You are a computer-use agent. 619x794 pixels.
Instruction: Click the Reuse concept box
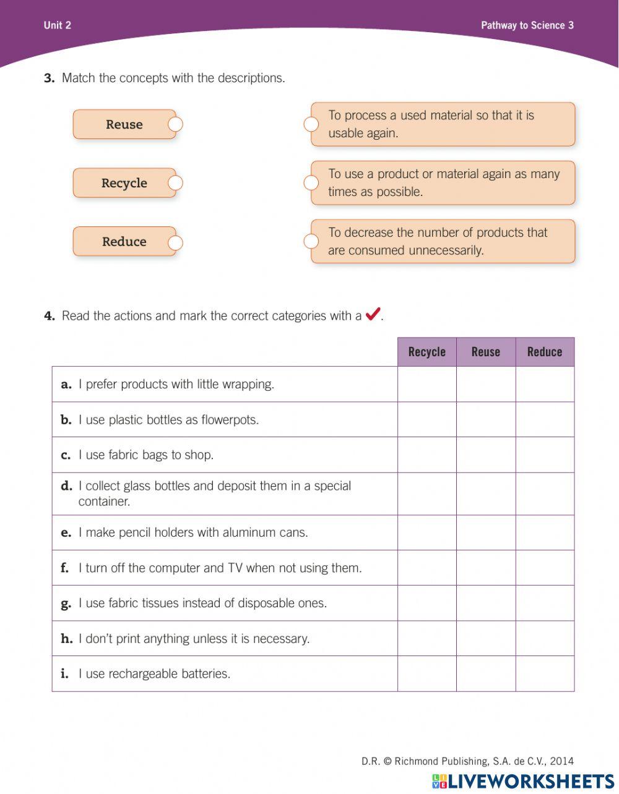pyautogui.click(x=124, y=124)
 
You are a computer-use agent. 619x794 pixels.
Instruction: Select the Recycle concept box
pyautogui.click(x=124, y=183)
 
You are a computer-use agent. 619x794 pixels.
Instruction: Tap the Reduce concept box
pyautogui.click(x=124, y=242)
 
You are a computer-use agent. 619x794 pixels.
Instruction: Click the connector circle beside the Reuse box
pyautogui.click(x=176, y=124)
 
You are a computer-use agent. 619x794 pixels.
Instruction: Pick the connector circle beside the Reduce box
pyautogui.click(x=176, y=242)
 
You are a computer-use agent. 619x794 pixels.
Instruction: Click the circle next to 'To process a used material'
pyautogui.click(x=311, y=124)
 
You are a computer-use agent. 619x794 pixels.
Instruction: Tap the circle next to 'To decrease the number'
pyautogui.click(x=311, y=241)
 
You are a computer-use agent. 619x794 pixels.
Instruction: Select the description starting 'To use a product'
pyautogui.click(x=443, y=183)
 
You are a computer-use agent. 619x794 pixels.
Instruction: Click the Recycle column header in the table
pyautogui.click(x=426, y=352)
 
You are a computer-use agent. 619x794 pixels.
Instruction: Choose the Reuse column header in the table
pyautogui.click(x=486, y=352)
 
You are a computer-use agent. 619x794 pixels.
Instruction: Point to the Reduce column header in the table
pyautogui.click(x=545, y=352)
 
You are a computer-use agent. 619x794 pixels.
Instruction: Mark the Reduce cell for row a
pyautogui.click(x=545, y=385)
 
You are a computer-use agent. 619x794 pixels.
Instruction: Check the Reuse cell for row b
pyautogui.click(x=486, y=420)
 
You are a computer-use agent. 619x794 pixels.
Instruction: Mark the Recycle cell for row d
pyautogui.click(x=426, y=493)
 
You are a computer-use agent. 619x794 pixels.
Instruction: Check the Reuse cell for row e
pyautogui.click(x=486, y=532)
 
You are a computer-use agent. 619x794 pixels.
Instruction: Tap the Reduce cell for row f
pyautogui.click(x=545, y=568)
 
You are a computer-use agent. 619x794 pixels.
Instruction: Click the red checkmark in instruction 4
pyautogui.click(x=373, y=315)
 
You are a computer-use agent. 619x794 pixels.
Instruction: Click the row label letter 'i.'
pyautogui.click(x=64, y=673)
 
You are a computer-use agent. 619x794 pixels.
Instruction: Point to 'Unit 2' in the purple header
pyautogui.click(x=58, y=25)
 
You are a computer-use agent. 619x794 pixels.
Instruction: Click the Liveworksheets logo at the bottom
pyautogui.click(x=523, y=781)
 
